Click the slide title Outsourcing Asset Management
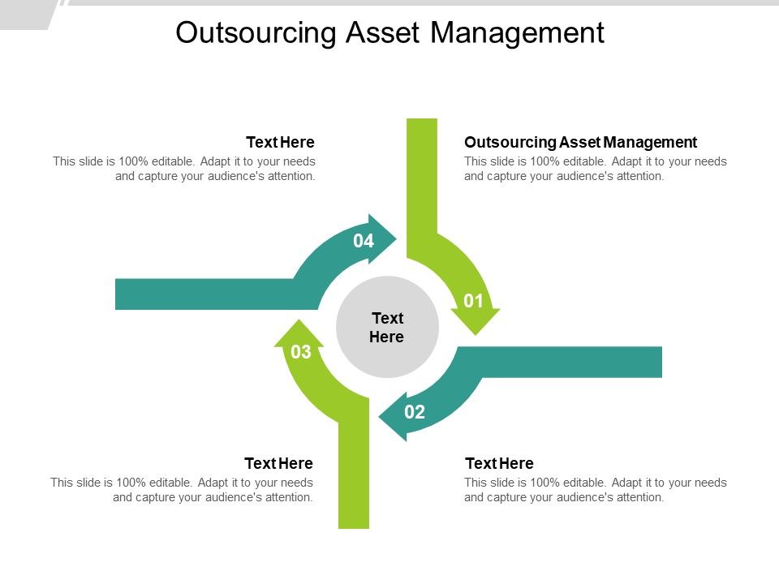coord(389,32)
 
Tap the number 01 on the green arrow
coord(474,302)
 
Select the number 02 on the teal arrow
coord(415,412)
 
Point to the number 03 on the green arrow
coord(301,352)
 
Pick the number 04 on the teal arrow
coord(364,241)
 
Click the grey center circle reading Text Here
coord(387,327)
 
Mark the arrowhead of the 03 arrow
coord(299,334)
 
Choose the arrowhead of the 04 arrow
coord(382,238)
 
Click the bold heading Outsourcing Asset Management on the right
coord(580,142)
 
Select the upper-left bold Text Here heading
coord(280,142)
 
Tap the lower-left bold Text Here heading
coord(278,463)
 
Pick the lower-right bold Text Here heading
coord(499,463)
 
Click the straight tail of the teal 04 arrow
coord(203,294)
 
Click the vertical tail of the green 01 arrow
coord(421,178)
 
